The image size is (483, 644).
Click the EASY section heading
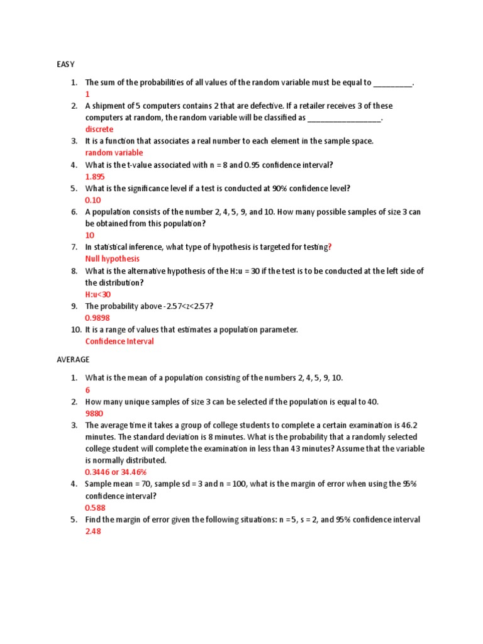(x=65, y=64)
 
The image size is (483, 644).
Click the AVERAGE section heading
(x=73, y=360)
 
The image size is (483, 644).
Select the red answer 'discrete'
(x=99, y=130)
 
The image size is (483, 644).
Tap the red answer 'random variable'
(x=114, y=153)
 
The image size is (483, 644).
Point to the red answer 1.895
(x=95, y=177)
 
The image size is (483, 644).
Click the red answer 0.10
(x=92, y=200)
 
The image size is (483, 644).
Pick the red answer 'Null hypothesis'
(x=113, y=258)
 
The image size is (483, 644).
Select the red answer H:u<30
(x=98, y=294)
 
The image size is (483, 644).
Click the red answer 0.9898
(x=97, y=318)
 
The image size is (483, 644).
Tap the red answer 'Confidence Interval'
(x=119, y=341)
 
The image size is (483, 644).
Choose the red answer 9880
(x=94, y=414)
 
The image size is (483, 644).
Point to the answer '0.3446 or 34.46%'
(x=116, y=472)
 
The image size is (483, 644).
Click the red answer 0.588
(x=95, y=508)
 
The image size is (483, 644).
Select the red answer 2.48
(x=92, y=531)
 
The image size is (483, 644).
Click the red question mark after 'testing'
(x=330, y=247)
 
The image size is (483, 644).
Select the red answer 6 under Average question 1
(x=87, y=390)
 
